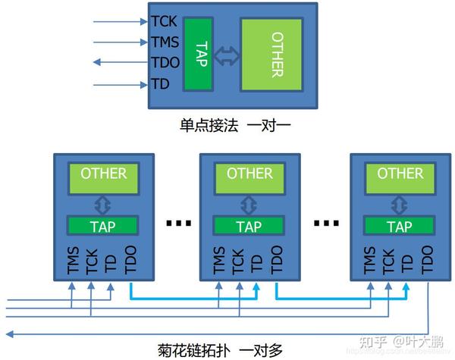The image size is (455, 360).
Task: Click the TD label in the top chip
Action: [x=161, y=84]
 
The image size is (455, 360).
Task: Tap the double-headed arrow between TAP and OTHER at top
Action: [x=227, y=55]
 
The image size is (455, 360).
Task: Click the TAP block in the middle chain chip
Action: [x=249, y=226]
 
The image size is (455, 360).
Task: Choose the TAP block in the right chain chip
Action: [x=400, y=226]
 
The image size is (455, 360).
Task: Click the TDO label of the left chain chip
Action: [x=130, y=259]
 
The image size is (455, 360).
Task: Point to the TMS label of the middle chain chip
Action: [x=218, y=259]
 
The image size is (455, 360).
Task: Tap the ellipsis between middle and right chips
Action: [x=326, y=223]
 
